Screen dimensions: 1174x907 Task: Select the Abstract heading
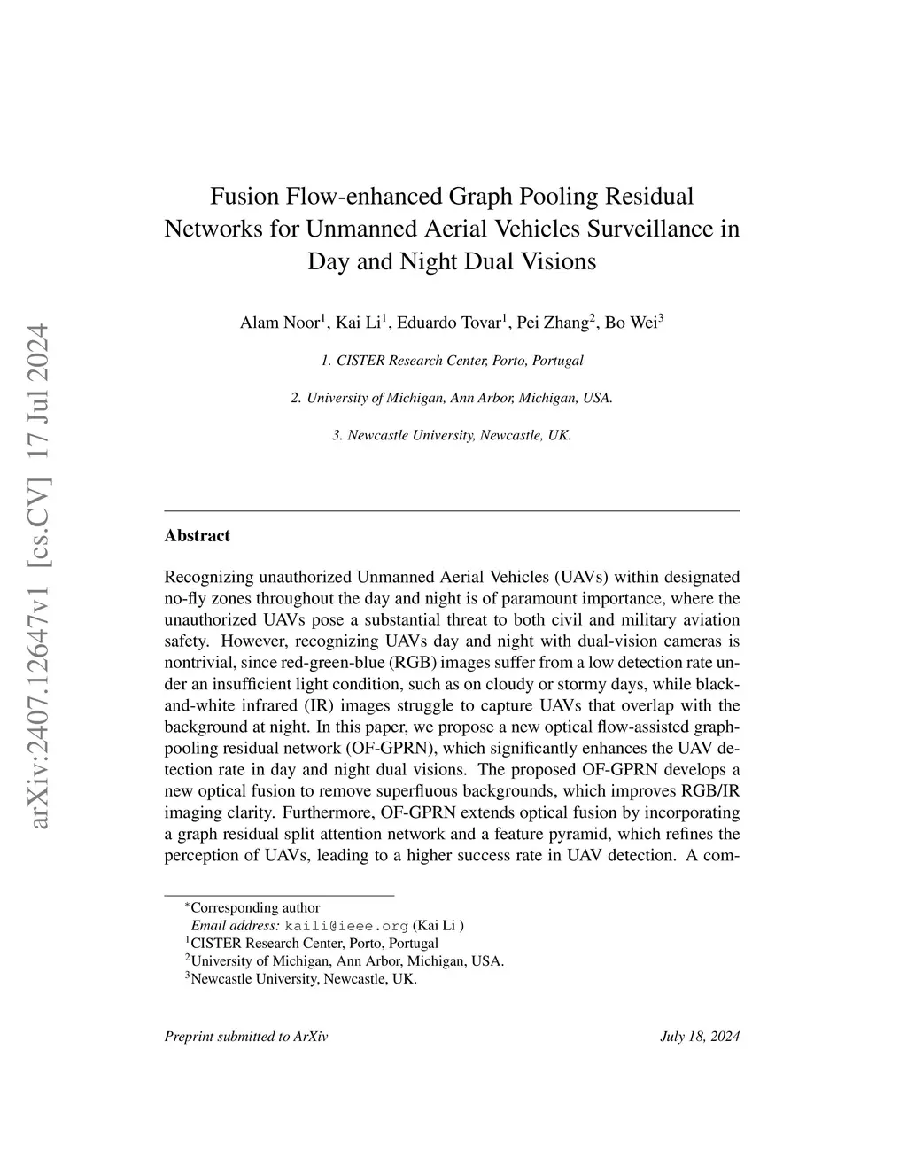click(x=197, y=535)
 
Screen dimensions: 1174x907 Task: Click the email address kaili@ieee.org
click(x=346, y=925)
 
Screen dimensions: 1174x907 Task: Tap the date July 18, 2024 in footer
click(x=700, y=1037)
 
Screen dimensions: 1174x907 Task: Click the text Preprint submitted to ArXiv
click(x=246, y=1037)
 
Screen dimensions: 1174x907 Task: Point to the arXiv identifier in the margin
click(x=40, y=576)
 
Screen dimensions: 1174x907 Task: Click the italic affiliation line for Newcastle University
click(x=452, y=435)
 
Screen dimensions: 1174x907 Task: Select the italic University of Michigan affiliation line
click(x=452, y=398)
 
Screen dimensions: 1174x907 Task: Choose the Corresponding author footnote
click(x=255, y=907)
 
